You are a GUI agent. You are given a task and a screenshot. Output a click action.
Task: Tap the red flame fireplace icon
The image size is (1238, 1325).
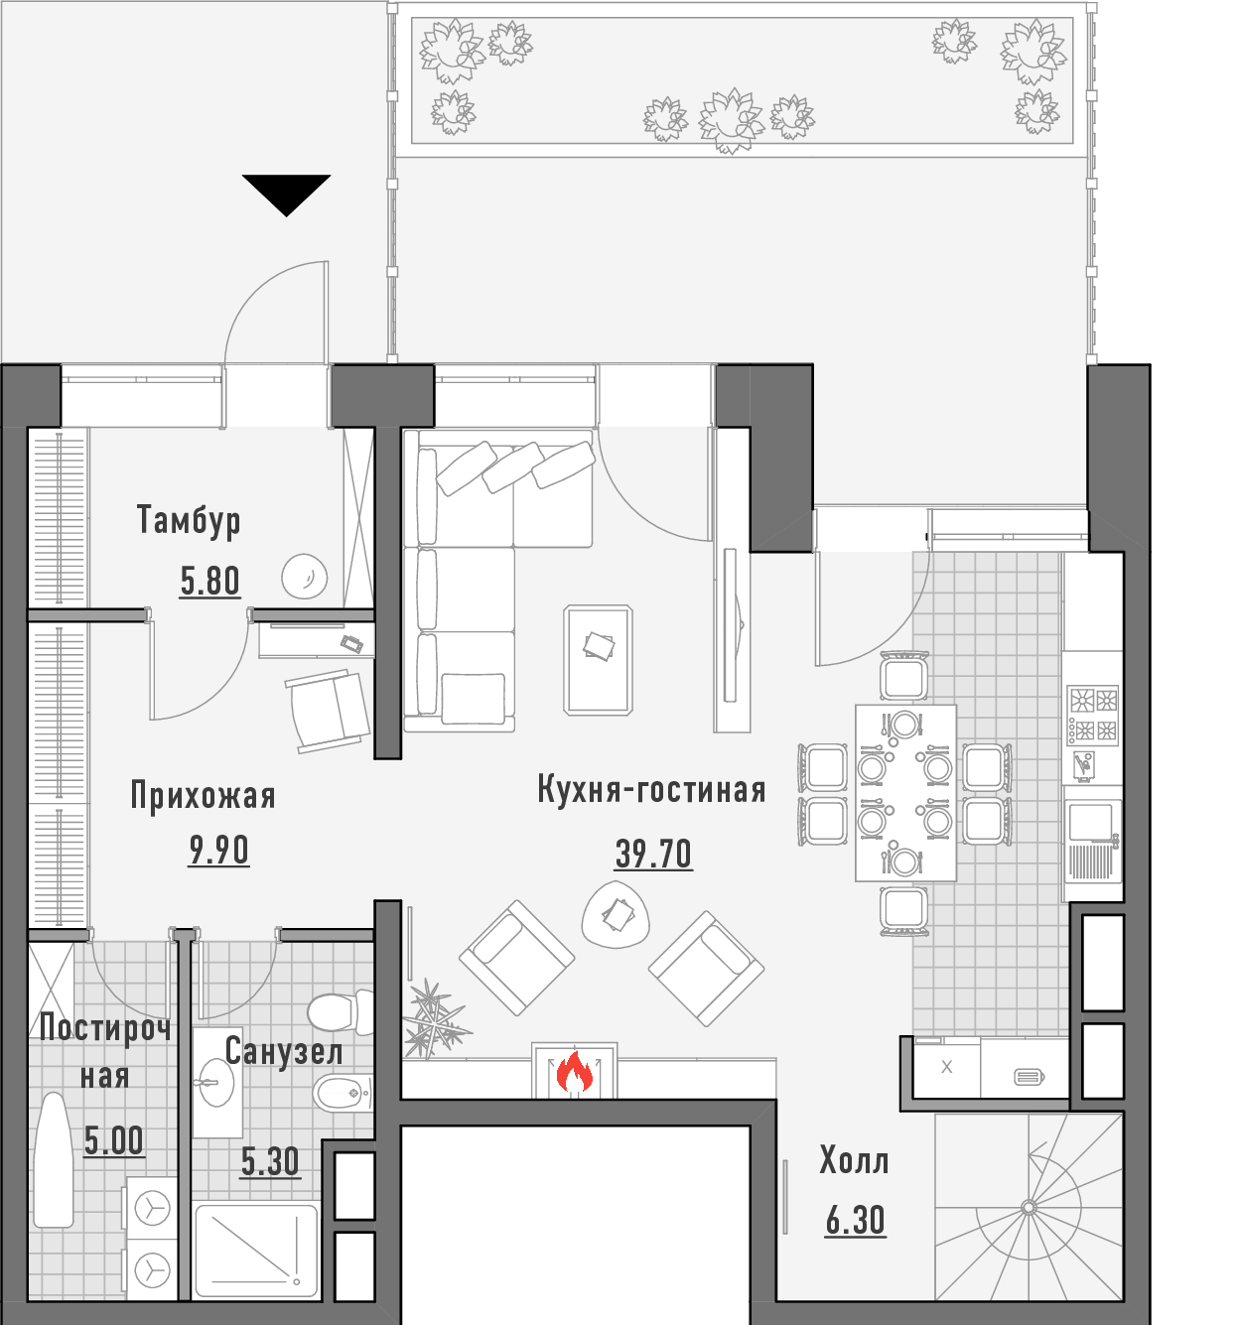coord(574,1073)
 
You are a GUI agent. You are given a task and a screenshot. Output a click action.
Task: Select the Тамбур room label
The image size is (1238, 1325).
coord(189,520)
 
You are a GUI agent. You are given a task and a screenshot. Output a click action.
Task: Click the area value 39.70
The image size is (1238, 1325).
coord(652,855)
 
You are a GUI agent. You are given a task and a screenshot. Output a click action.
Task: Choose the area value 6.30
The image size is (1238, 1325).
coord(855,1221)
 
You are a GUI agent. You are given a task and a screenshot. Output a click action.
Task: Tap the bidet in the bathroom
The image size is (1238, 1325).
coord(343,1093)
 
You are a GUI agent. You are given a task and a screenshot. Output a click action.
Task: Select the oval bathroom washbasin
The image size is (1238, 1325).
coord(216,1082)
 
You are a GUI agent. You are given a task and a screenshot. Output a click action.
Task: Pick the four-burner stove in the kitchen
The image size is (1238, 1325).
coord(1093,715)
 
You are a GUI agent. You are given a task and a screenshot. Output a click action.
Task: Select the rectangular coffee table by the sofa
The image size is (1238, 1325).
coord(598,660)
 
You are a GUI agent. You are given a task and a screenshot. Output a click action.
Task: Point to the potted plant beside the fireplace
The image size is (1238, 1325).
coord(433,1021)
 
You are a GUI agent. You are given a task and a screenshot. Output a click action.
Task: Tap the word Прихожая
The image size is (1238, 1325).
coord(203,797)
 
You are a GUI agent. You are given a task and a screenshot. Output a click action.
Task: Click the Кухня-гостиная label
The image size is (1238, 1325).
coord(651,790)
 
